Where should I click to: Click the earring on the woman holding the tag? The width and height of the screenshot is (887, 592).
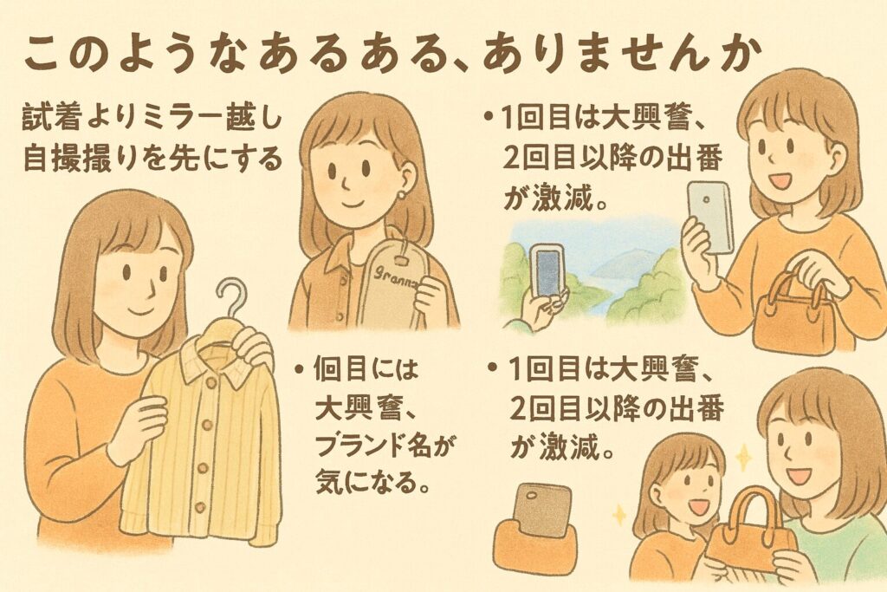point(402,195)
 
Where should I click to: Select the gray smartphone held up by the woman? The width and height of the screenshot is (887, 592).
point(710,218)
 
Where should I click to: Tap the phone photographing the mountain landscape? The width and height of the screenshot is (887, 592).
point(547,270)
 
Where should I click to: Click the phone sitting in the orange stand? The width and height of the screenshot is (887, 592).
point(541,510)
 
